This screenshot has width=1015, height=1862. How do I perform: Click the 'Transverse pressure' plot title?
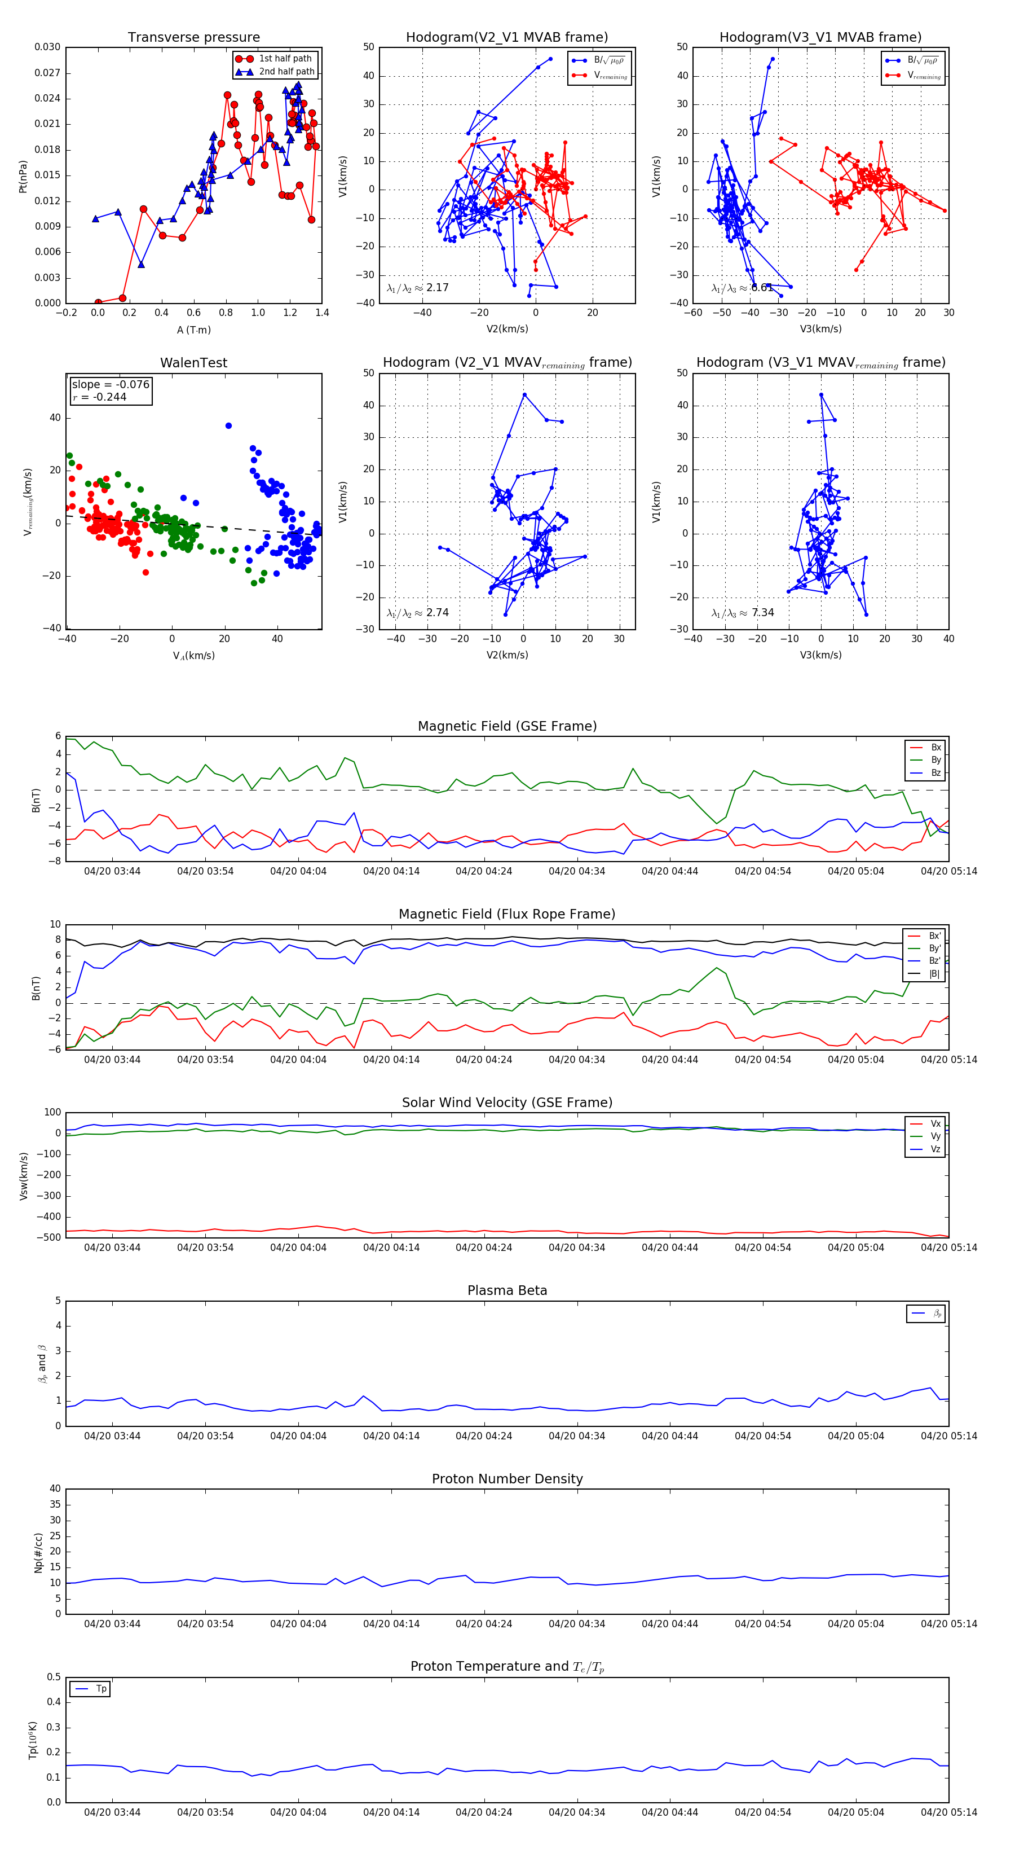[193, 38]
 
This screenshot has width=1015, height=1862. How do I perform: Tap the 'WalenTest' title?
[193, 363]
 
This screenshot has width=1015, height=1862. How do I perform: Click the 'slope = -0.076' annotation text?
[111, 385]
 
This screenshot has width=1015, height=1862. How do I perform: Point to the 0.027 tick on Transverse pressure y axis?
[48, 73]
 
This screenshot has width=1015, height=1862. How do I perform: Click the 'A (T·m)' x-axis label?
[193, 330]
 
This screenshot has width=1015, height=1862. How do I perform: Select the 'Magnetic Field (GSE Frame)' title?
[507, 726]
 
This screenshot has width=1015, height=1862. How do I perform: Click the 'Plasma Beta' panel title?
[507, 1291]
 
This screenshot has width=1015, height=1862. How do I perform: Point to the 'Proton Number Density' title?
[507, 1479]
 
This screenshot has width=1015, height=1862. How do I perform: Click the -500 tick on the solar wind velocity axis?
[48, 1237]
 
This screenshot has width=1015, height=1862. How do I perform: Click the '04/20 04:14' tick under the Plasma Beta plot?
[391, 1435]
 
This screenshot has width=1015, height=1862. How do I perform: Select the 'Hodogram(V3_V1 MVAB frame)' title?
[820, 38]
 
